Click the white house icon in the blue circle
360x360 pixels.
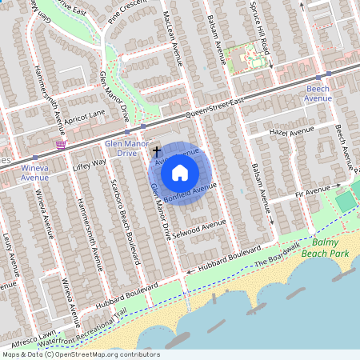[x=180, y=171]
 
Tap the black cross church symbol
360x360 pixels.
[x=156, y=150]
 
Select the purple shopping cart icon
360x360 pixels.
[x=61, y=144]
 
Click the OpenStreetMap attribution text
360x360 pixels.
[x=80, y=354]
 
